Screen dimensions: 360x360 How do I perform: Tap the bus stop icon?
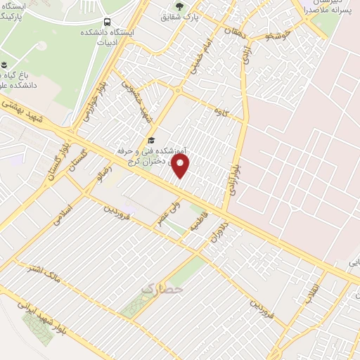pos(107,22)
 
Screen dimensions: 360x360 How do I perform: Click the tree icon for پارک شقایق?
pos(179,7)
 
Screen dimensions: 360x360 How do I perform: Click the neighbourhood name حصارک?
pos(162,288)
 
